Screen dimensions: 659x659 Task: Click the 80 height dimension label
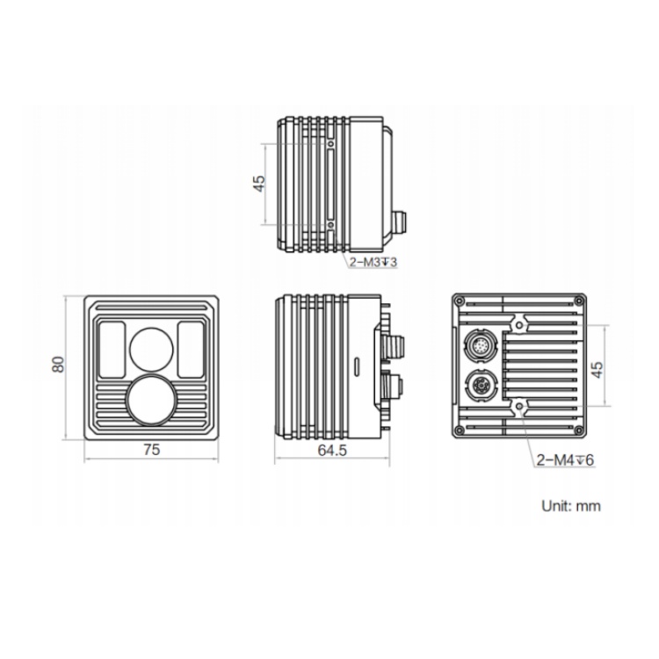coord(58,364)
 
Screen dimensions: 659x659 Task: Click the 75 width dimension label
coord(152,450)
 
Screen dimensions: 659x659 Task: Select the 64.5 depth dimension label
coord(332,450)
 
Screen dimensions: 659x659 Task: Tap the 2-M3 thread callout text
coord(373,262)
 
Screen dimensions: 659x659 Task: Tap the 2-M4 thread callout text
coord(565,460)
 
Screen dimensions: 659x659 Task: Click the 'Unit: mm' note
coord(571,505)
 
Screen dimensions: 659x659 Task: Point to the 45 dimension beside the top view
coord(259,184)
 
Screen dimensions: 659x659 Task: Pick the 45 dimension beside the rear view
coord(597,369)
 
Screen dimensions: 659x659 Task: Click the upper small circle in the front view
coord(151,350)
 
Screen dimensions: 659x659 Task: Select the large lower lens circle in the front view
coord(150,400)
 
